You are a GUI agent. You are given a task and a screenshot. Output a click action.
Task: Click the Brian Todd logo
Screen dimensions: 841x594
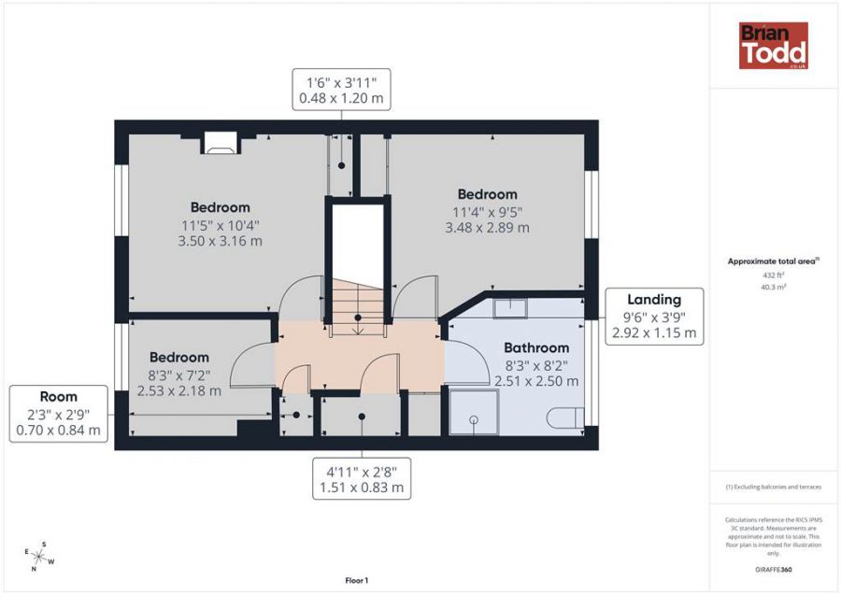tap(774, 46)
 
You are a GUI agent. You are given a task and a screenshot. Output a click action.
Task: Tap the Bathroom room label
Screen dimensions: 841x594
tap(536, 348)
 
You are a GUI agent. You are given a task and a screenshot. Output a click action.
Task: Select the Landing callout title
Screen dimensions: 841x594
tap(654, 300)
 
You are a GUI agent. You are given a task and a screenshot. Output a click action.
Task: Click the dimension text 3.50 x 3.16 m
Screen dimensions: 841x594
tap(220, 241)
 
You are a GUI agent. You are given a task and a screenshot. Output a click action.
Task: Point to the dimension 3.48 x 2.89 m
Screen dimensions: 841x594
tap(487, 228)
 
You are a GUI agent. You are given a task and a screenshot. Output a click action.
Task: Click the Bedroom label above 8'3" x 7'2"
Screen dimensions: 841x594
tap(179, 358)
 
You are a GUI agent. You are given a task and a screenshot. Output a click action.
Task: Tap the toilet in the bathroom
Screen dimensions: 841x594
tap(565, 417)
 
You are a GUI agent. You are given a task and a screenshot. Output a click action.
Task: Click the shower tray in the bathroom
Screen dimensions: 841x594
tap(474, 412)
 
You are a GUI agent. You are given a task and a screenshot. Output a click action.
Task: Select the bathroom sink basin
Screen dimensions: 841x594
tap(510, 309)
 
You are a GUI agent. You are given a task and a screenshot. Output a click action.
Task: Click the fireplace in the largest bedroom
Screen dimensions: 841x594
tap(221, 143)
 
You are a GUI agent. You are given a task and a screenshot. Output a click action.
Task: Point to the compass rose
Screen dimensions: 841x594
tap(38, 557)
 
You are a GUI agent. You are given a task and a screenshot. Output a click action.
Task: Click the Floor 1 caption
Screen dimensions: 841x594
tap(357, 581)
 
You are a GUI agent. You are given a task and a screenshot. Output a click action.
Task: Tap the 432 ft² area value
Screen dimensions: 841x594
tap(774, 275)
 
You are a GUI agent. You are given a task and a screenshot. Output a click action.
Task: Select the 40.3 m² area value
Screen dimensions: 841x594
tap(774, 288)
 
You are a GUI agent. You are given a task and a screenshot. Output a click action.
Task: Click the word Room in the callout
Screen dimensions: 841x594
tap(59, 397)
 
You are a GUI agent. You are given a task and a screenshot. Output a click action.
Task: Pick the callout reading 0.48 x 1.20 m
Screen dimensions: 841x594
tap(341, 90)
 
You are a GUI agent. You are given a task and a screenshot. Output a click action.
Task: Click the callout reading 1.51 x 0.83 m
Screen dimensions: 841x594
tap(362, 479)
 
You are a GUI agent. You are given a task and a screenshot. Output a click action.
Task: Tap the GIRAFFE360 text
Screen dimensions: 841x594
tap(774, 570)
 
